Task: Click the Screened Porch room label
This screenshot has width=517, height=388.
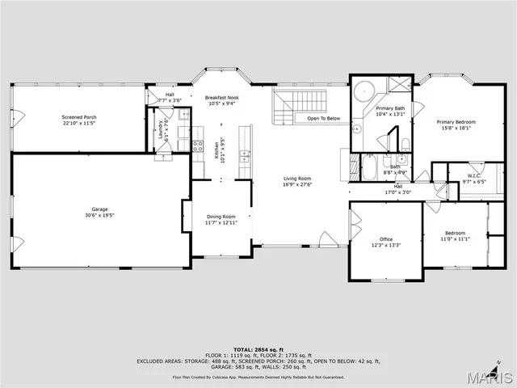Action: pyautogui.click(x=78, y=117)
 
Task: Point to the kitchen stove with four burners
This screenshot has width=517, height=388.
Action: pyautogui.click(x=197, y=146)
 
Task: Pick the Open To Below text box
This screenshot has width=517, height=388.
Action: pyautogui.click(x=323, y=119)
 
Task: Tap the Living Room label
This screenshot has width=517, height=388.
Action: pyautogui.click(x=296, y=179)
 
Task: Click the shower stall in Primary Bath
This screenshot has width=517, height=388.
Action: pyautogui.click(x=399, y=85)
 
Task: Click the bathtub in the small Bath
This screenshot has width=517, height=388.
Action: pyautogui.click(x=368, y=167)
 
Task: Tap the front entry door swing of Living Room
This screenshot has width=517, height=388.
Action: pyautogui.click(x=326, y=239)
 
